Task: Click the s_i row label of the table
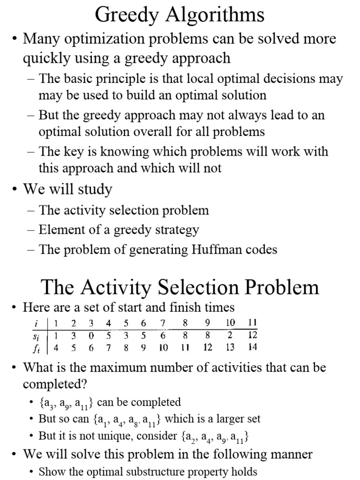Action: (36, 335)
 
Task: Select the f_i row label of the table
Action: (36, 348)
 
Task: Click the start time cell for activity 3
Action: (91, 335)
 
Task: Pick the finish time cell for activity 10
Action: (230, 348)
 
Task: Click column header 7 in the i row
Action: (163, 323)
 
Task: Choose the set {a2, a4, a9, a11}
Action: (214, 437)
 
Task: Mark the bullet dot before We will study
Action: (15, 190)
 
